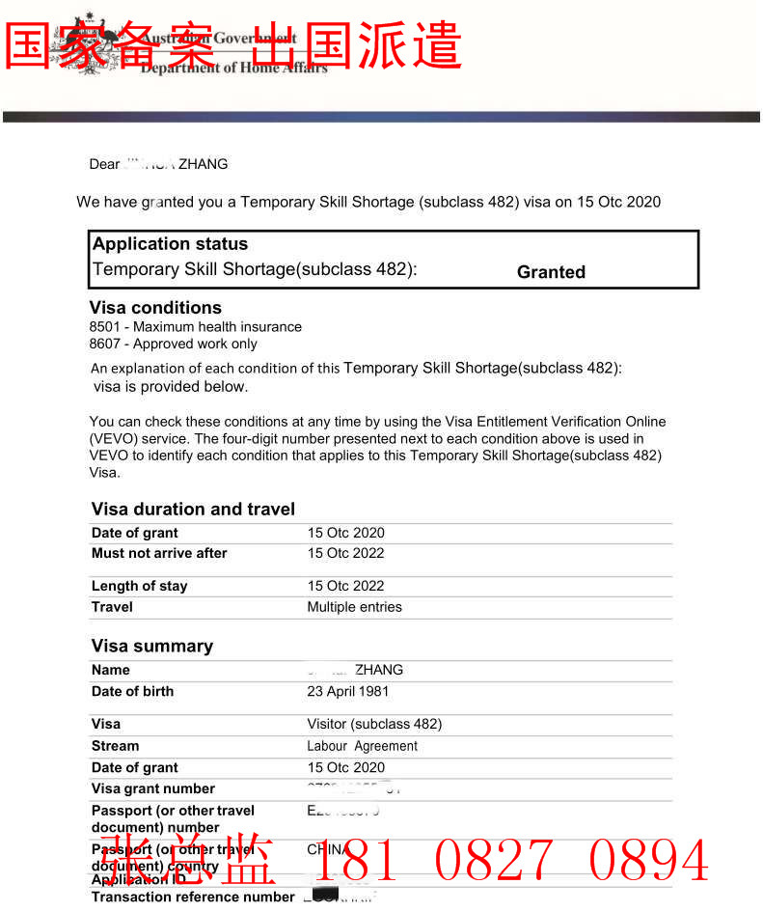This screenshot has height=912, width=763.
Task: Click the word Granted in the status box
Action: pyautogui.click(x=551, y=272)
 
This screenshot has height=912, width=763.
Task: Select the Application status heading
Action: pyautogui.click(x=170, y=244)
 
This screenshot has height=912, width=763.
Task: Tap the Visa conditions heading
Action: pyautogui.click(x=155, y=308)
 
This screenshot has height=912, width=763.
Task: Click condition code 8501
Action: pyautogui.click(x=104, y=327)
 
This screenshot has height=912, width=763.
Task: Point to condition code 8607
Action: pyautogui.click(x=104, y=344)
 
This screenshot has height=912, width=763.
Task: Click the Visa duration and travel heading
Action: pyautogui.click(x=193, y=509)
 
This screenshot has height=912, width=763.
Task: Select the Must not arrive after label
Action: pyautogui.click(x=159, y=553)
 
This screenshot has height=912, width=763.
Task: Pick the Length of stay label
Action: pyautogui.click(x=139, y=586)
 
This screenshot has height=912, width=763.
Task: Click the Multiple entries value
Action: pyautogui.click(x=354, y=607)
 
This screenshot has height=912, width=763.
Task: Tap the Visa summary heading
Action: pyautogui.click(x=152, y=646)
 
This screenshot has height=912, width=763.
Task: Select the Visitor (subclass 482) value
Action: pyautogui.click(x=374, y=724)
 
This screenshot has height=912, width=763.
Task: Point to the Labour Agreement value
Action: pyautogui.click(x=362, y=746)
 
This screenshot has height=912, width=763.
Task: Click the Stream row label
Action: pyautogui.click(x=115, y=746)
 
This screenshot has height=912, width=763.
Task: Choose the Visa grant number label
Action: pyautogui.click(x=152, y=788)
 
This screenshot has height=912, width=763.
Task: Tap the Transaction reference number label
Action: pyautogui.click(x=192, y=897)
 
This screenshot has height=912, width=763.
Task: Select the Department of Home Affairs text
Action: pyautogui.click(x=233, y=68)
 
